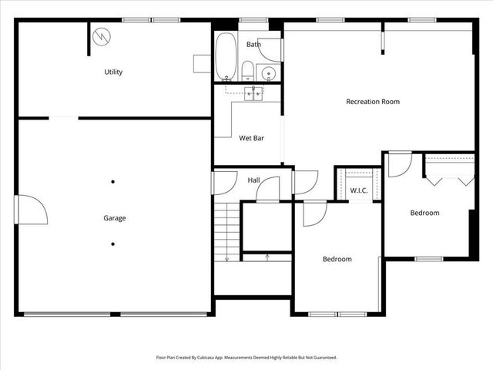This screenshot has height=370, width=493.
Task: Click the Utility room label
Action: pyautogui.click(x=114, y=72)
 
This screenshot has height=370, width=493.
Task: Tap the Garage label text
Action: pyautogui.click(x=115, y=218)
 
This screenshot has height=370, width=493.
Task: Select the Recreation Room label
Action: pyautogui.click(x=373, y=102)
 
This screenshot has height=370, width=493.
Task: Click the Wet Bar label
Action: pyautogui.click(x=251, y=139)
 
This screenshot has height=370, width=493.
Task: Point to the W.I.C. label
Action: pyautogui.click(x=358, y=190)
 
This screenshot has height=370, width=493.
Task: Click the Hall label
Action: pyautogui.click(x=253, y=180)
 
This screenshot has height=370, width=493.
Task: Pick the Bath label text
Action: pyautogui.click(x=253, y=45)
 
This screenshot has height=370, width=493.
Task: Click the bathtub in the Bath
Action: pyautogui.click(x=226, y=56)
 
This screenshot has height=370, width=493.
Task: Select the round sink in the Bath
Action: pyautogui.click(x=269, y=74)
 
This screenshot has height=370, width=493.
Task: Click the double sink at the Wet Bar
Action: pyautogui.click(x=254, y=93)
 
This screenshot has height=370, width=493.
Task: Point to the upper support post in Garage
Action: pyautogui.click(x=113, y=182)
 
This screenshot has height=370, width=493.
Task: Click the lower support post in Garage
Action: pyautogui.click(x=113, y=244)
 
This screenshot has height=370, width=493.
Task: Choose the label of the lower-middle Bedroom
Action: pyautogui.click(x=337, y=260)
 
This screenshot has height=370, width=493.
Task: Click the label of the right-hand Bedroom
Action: pyautogui.click(x=424, y=214)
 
